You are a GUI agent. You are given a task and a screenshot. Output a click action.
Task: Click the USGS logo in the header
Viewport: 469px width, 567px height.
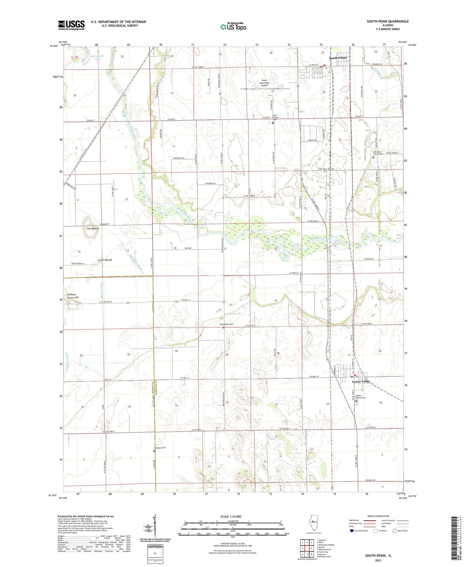[x=71, y=25]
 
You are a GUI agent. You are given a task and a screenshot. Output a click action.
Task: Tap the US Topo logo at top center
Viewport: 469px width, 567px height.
[x=233, y=27]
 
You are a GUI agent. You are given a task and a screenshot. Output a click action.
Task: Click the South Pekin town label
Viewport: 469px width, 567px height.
[x=338, y=58]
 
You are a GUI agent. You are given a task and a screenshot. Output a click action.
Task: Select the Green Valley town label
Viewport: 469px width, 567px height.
[x=361, y=382]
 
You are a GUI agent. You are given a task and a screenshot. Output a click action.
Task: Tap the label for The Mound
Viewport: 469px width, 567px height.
[x=93, y=229]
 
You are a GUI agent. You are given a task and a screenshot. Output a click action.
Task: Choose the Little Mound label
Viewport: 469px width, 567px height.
[x=104, y=260]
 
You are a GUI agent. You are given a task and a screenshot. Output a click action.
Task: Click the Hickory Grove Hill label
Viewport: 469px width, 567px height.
[x=73, y=296]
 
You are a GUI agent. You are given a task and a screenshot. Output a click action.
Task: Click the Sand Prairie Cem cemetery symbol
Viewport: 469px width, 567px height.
[x=273, y=123]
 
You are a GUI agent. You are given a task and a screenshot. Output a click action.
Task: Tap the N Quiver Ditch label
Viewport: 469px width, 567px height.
[x=67, y=362]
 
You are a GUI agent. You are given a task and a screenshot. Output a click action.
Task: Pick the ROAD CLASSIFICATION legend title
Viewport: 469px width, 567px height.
[x=378, y=516]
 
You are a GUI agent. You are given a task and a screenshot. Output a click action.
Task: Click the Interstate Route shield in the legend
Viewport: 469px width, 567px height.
[x=351, y=531]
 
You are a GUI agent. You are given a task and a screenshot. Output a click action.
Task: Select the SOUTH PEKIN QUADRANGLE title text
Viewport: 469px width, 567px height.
[x=388, y=21]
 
